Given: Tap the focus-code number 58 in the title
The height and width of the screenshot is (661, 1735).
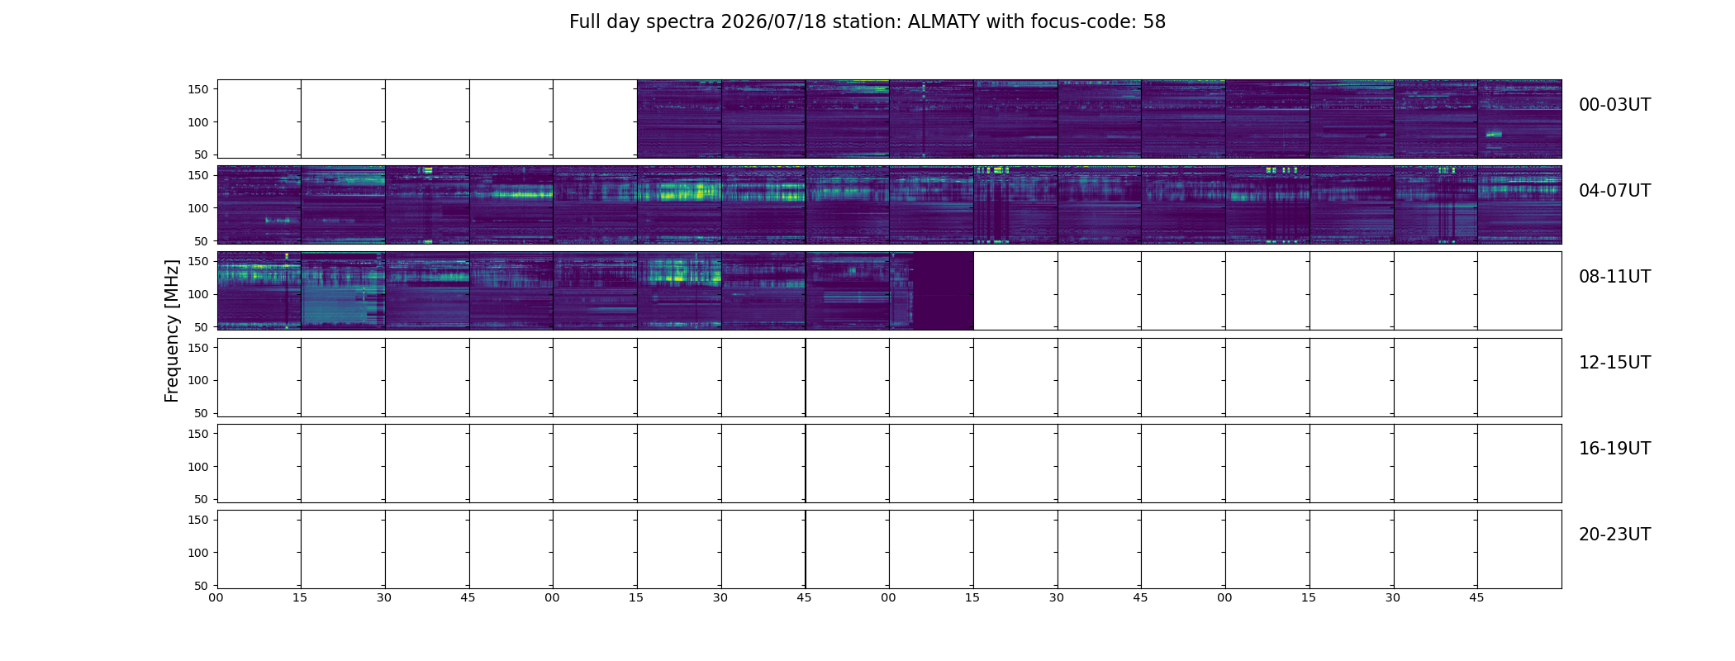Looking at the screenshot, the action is pyautogui.click(x=1154, y=22).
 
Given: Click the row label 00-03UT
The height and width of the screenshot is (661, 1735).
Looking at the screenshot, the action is pyautogui.click(x=1614, y=105).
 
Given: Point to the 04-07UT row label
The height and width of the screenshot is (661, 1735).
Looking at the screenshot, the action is pyautogui.click(x=1614, y=191).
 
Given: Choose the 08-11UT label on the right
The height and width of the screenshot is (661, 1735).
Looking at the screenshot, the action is pyautogui.click(x=1614, y=277).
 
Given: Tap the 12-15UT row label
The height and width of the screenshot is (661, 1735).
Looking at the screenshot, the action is pyautogui.click(x=1614, y=363).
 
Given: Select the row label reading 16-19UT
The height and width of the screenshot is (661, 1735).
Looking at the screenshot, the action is pyautogui.click(x=1614, y=449).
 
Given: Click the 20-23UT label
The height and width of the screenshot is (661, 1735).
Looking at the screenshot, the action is pyautogui.click(x=1614, y=535).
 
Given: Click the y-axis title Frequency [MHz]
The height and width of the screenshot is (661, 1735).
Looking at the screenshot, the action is pyautogui.click(x=172, y=330).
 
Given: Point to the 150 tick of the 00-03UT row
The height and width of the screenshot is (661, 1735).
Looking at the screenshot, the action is pyautogui.click(x=198, y=89).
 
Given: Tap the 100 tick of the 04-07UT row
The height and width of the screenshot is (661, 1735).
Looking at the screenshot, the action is pyautogui.click(x=198, y=208).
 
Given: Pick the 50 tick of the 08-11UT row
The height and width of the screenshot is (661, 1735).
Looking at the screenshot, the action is pyautogui.click(x=202, y=327).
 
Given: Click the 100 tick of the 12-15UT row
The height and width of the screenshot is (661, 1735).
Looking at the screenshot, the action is pyautogui.click(x=198, y=381).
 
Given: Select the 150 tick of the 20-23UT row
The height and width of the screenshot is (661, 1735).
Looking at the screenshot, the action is pyautogui.click(x=198, y=520).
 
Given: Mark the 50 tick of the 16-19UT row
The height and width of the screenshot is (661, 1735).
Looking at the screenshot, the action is pyautogui.click(x=202, y=499).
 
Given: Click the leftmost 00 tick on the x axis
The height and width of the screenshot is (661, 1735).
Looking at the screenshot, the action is pyautogui.click(x=216, y=597).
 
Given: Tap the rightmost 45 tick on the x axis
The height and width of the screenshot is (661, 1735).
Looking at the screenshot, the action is pyautogui.click(x=1476, y=597).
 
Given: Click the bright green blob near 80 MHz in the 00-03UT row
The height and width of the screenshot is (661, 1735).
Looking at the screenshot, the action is pyautogui.click(x=1494, y=134).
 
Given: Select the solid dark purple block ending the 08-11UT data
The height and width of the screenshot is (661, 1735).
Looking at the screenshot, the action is pyautogui.click(x=944, y=291).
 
